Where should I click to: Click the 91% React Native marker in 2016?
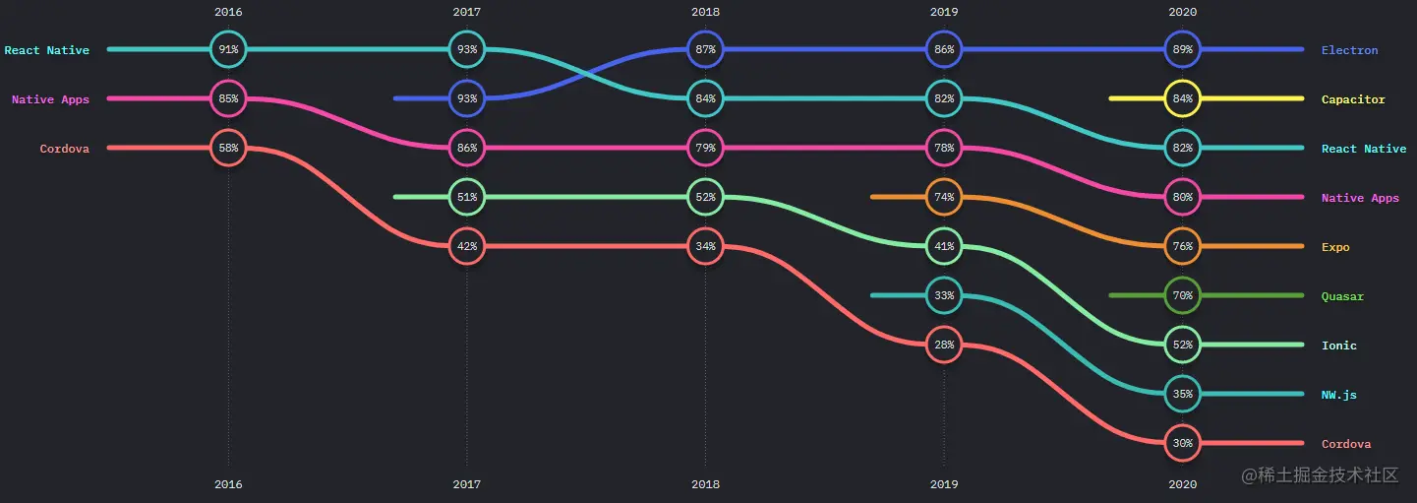[x=228, y=49]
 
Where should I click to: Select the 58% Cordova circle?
[x=228, y=148]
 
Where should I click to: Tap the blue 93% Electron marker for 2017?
[x=467, y=98]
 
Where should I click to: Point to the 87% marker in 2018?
[x=705, y=49]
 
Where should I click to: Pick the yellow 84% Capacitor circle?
[x=1182, y=98]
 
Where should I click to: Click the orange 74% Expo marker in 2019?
[x=944, y=197]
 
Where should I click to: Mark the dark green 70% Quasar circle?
[x=1182, y=295]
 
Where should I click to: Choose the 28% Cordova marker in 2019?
[x=944, y=345]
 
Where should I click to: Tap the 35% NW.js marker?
[x=1182, y=394]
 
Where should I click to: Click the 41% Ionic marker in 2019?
[x=944, y=246]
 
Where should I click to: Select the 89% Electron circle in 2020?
[x=1182, y=49]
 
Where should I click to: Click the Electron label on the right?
[x=1349, y=50]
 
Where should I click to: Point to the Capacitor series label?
[x=1353, y=99]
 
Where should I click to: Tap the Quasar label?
[x=1342, y=296]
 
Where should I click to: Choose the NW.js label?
[x=1338, y=395]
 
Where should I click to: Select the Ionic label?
[x=1338, y=346]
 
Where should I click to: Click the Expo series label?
[x=1335, y=247]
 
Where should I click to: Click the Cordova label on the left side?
[x=64, y=149]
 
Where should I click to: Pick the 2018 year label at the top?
[x=705, y=12]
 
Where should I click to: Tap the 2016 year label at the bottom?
[x=228, y=484]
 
